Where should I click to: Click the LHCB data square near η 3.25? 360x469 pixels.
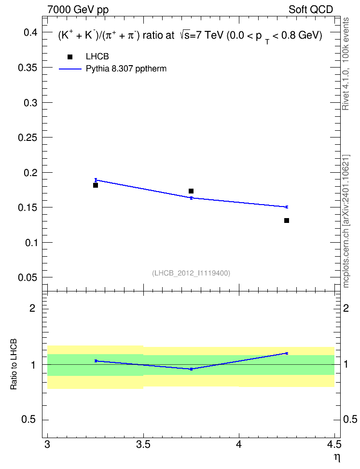pos(96,185)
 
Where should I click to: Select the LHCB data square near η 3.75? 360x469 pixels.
pos(191,191)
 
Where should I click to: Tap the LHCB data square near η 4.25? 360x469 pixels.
pos(287,221)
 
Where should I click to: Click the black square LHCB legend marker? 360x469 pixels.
pos(70,57)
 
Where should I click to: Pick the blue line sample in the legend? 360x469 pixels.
pos(70,69)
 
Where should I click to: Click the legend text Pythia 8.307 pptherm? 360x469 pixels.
pos(126,69)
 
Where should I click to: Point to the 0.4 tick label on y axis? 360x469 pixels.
pos(30,32)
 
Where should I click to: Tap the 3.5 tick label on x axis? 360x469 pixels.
pos(143,444)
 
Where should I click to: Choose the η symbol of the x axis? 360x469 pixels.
pos(337,457)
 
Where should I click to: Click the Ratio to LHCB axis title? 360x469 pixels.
pos(14,364)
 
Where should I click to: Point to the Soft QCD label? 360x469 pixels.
pos(311,10)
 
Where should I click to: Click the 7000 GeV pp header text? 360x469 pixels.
pos(78,10)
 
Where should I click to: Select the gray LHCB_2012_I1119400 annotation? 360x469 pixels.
pos(191,273)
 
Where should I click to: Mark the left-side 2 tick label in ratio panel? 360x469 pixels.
pos(32,308)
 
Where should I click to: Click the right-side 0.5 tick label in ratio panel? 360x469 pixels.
pos(350,419)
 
